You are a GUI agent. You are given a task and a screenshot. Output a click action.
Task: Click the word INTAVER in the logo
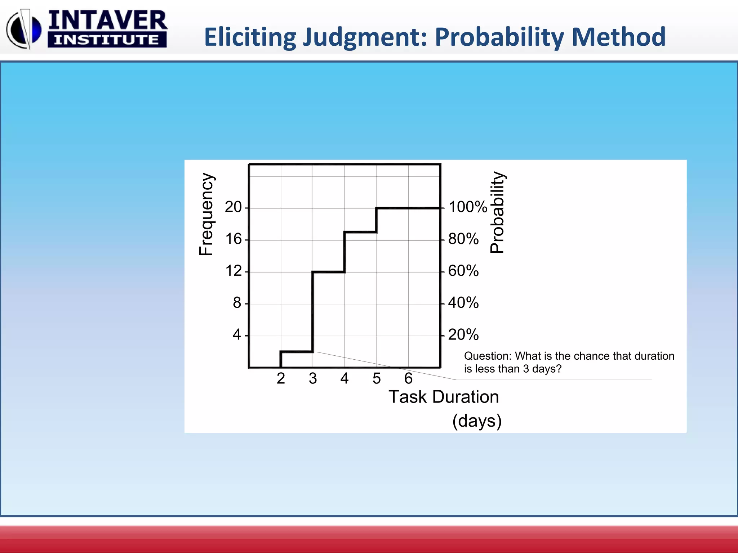107,21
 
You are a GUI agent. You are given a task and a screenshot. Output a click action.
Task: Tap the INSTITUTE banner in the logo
107,40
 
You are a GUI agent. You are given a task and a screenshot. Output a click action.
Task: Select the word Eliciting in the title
250,37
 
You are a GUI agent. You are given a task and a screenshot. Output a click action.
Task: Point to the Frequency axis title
206,214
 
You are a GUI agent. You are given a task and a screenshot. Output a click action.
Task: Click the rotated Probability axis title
497,212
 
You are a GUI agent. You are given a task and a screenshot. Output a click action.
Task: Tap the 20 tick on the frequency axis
233,207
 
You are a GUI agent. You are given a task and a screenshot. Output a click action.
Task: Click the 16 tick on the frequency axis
233,239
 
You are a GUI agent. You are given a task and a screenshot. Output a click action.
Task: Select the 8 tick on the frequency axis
237,303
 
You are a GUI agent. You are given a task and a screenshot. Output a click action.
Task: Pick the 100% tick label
467,207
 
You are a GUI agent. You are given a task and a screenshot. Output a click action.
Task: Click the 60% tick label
463,271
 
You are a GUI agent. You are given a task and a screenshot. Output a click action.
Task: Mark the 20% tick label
463,335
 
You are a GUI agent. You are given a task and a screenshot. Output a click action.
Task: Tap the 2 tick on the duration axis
281,378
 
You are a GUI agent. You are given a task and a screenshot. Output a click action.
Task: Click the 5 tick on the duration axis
377,378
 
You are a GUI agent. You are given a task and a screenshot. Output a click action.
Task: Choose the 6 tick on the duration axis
408,378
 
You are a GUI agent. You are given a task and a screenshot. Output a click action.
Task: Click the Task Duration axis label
444,397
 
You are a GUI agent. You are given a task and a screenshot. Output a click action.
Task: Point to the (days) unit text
477,421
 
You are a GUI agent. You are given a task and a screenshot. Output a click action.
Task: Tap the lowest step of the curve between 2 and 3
297,351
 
